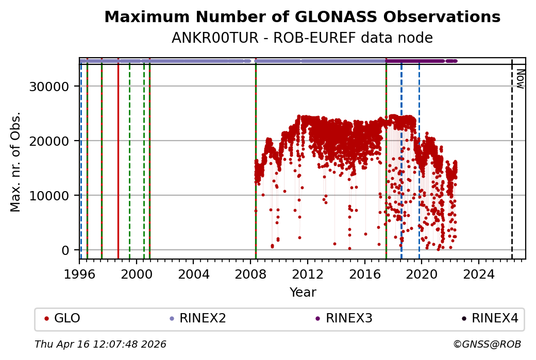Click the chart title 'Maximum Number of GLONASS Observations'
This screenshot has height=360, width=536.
[302, 18]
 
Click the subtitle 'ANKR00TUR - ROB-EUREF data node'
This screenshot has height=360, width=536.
[302, 38]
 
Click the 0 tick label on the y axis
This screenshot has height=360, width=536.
[65, 250]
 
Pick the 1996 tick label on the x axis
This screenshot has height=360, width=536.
[79, 275]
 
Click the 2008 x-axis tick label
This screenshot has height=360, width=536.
[250, 275]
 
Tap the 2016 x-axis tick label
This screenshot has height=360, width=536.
[365, 275]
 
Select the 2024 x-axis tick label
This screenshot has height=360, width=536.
[479, 275]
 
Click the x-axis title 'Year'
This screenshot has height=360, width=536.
[303, 293]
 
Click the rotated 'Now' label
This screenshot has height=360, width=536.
[520, 79]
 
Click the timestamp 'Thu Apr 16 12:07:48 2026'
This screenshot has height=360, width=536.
[100, 344]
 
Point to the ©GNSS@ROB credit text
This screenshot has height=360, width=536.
[487, 344]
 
